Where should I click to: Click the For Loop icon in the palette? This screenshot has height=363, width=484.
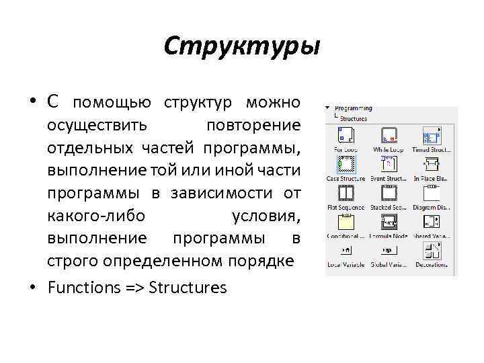(x=346, y=135)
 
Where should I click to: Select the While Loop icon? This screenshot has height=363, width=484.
(x=388, y=135)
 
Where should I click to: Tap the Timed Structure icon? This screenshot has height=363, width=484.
(x=430, y=135)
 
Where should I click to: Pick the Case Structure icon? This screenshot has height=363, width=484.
(x=346, y=164)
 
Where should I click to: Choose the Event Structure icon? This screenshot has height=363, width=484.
(x=388, y=164)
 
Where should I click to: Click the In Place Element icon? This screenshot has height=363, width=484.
(x=430, y=164)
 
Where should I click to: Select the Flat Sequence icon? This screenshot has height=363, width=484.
(x=346, y=194)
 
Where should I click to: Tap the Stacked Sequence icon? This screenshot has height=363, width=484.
(x=388, y=194)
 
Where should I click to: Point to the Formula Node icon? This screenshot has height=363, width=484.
(x=388, y=223)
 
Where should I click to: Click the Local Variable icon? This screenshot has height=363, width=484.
(x=346, y=251)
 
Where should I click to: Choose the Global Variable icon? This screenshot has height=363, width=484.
(x=388, y=251)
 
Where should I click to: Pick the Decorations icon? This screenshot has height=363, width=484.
(x=430, y=251)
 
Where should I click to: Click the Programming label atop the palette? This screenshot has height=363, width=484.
(x=354, y=108)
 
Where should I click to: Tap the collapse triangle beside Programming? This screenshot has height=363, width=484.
(x=327, y=108)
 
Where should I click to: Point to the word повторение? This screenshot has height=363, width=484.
(x=253, y=125)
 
